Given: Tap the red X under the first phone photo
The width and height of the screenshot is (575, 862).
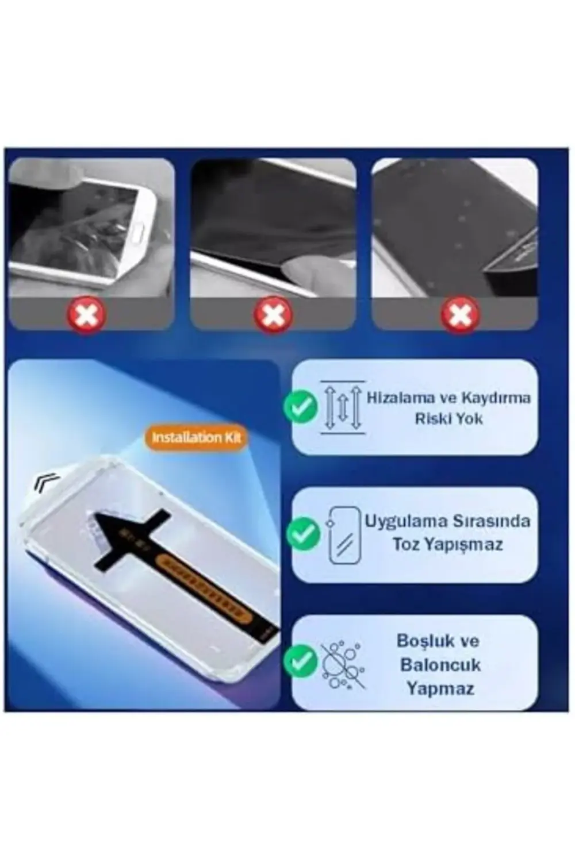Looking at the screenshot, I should pyautogui.click(x=86, y=315).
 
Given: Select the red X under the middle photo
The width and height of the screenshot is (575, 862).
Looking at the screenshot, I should pyautogui.click(x=273, y=315).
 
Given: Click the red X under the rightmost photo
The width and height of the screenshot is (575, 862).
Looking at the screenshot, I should pyautogui.click(x=460, y=315).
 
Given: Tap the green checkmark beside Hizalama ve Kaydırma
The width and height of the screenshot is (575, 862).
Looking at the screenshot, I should pyautogui.click(x=300, y=407).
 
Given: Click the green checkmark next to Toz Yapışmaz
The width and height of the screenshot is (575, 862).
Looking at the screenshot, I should pyautogui.click(x=302, y=534).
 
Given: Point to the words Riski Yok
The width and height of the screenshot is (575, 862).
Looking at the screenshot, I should pyautogui.click(x=448, y=419).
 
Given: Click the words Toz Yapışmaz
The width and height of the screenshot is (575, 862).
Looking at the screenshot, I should pyautogui.click(x=447, y=544).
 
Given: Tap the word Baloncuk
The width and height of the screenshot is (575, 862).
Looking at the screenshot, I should pyautogui.click(x=440, y=665).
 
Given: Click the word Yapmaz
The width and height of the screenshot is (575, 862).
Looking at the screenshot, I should pyautogui.click(x=440, y=688).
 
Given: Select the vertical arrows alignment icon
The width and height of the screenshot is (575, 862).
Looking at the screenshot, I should pyautogui.click(x=343, y=407).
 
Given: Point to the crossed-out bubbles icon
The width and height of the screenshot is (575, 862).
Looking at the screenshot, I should pyautogui.click(x=343, y=664).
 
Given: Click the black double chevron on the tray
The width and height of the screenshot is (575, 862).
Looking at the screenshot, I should pyautogui.click(x=46, y=482).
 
